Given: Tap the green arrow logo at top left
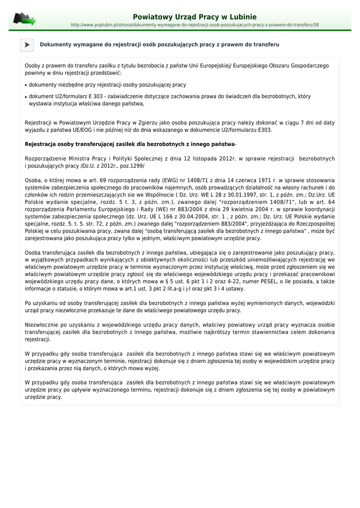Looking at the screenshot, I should click(x=24, y=19).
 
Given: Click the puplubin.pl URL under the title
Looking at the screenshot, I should click(x=195, y=24).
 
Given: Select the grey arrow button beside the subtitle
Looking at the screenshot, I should click(x=27, y=45).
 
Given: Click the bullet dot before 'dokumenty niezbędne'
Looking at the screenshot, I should click(x=26, y=85).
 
